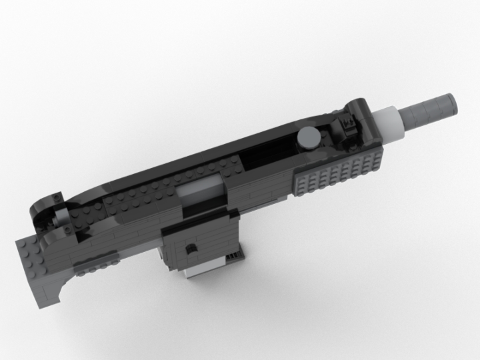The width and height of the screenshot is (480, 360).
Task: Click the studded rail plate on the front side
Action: (x=339, y=174)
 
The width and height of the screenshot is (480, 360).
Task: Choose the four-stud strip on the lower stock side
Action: (x=89, y=270)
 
